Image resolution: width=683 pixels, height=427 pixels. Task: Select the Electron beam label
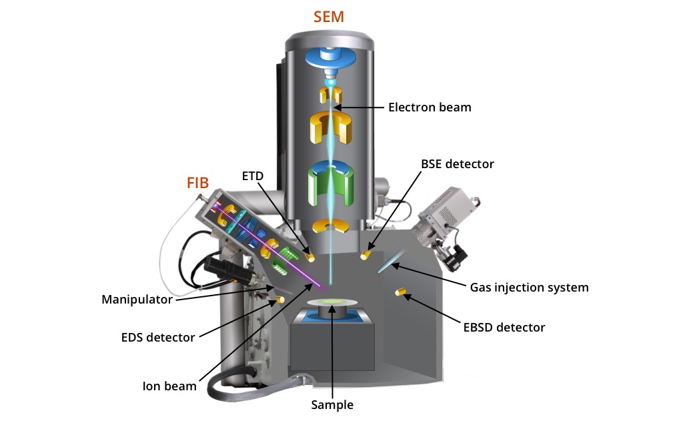430,107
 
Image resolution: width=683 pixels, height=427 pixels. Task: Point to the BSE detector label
457,164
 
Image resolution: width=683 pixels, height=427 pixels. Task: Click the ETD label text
253,176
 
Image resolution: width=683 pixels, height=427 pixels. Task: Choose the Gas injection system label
529,288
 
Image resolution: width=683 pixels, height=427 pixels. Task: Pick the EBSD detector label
504,328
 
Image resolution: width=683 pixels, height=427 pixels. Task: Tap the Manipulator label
136,299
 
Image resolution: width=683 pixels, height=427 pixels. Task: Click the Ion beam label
169,386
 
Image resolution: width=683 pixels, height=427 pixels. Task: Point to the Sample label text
332,405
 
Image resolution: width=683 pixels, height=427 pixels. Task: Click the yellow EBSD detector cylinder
402,292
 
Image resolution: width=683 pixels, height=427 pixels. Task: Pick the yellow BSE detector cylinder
364,255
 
